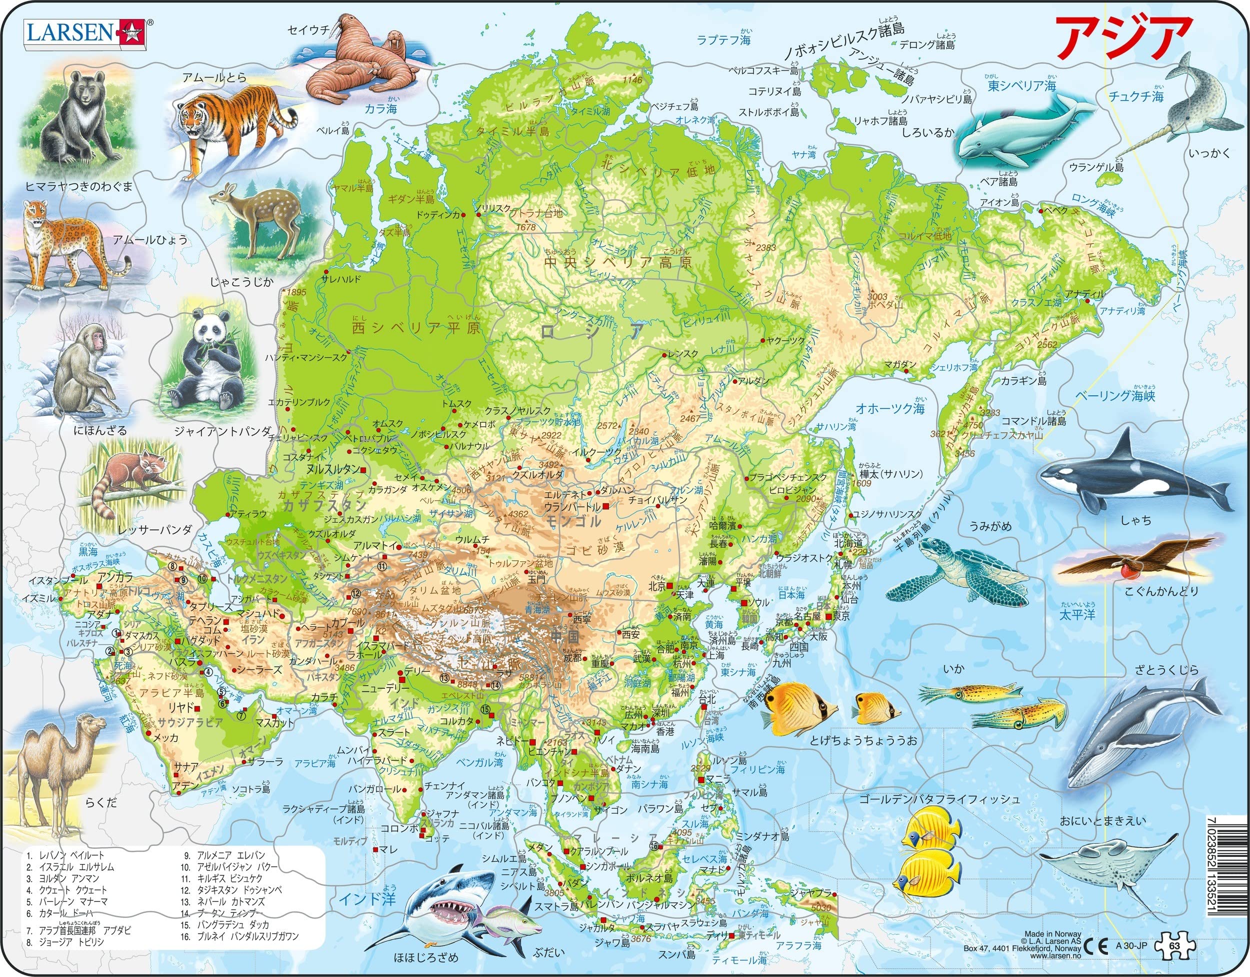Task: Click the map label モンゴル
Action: click(572, 521)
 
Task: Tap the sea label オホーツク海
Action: click(890, 408)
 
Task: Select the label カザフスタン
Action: click(323, 506)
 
